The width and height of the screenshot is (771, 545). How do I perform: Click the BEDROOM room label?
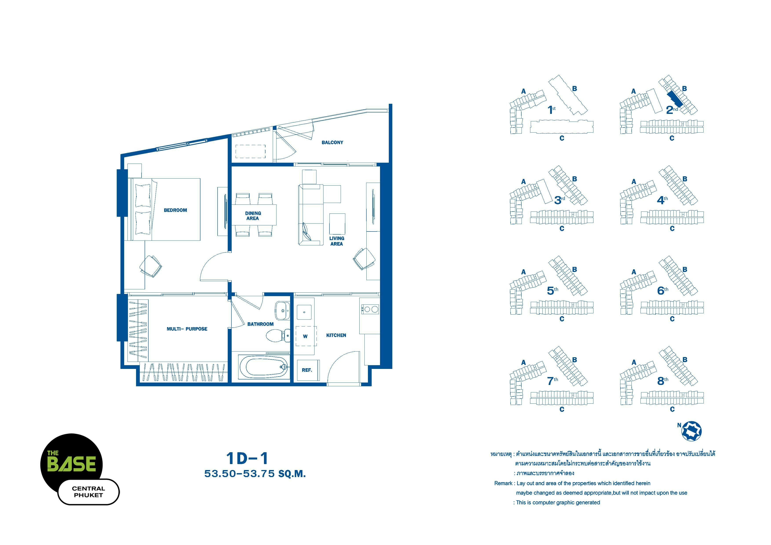(x=175, y=210)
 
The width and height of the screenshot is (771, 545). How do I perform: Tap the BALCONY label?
(x=333, y=142)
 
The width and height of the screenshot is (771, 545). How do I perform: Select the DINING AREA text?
(x=253, y=216)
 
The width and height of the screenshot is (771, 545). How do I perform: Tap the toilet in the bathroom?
(x=278, y=335)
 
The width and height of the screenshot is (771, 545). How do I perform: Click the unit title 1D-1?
(x=247, y=458)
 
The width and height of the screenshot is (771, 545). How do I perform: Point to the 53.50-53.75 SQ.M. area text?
(x=255, y=474)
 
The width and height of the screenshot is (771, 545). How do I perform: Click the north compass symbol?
(x=692, y=431)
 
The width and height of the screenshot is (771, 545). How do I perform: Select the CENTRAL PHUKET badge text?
(x=88, y=492)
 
